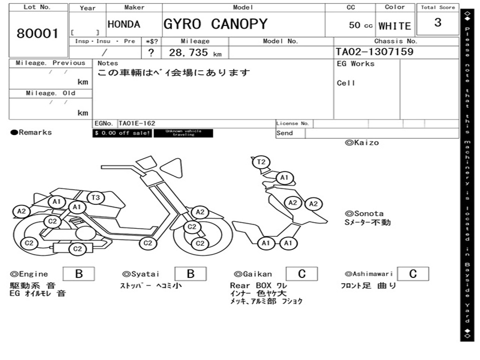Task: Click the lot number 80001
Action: (x=38, y=33)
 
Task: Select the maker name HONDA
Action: (x=124, y=24)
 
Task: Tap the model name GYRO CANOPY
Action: (x=215, y=24)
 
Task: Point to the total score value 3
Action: (x=438, y=22)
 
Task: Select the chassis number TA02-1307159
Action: (x=375, y=52)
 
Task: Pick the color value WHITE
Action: (x=395, y=26)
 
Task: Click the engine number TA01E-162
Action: (x=137, y=123)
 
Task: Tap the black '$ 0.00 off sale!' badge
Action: (x=122, y=133)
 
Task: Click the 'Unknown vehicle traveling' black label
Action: (x=183, y=133)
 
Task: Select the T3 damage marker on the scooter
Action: (x=95, y=197)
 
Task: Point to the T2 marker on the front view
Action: (x=262, y=162)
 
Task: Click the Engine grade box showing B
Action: (x=79, y=274)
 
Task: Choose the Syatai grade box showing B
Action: (x=191, y=274)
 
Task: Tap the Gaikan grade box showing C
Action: (x=302, y=274)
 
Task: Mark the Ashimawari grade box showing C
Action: (x=413, y=274)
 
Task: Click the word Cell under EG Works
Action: (x=346, y=83)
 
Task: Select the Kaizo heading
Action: (x=362, y=142)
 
